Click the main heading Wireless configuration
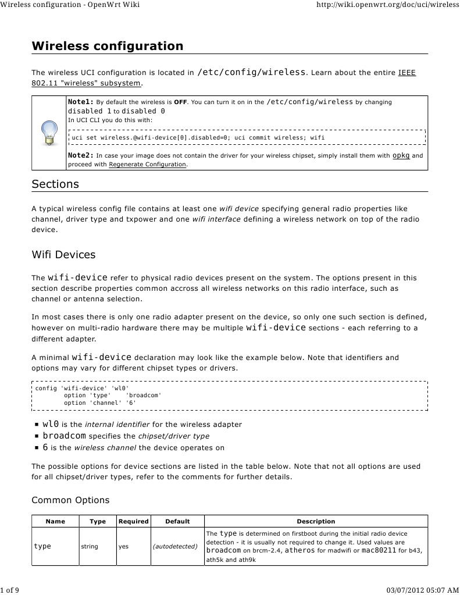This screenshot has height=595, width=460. coord(107,46)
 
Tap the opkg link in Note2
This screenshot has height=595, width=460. coord(401,155)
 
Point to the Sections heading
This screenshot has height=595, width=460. coord(55,184)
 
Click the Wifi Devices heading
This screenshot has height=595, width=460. coord(63,255)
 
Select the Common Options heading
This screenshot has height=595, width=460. coord(70,500)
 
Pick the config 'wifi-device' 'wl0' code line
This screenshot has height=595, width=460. coord(82,387)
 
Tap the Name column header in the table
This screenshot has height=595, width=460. coord(55,521)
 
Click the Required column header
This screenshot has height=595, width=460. coord(134,521)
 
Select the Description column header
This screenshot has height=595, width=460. coord(316,521)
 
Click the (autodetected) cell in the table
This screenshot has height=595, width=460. coord(177,547)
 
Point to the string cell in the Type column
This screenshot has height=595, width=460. coord(90,547)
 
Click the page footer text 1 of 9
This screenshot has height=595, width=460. coord(10,590)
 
